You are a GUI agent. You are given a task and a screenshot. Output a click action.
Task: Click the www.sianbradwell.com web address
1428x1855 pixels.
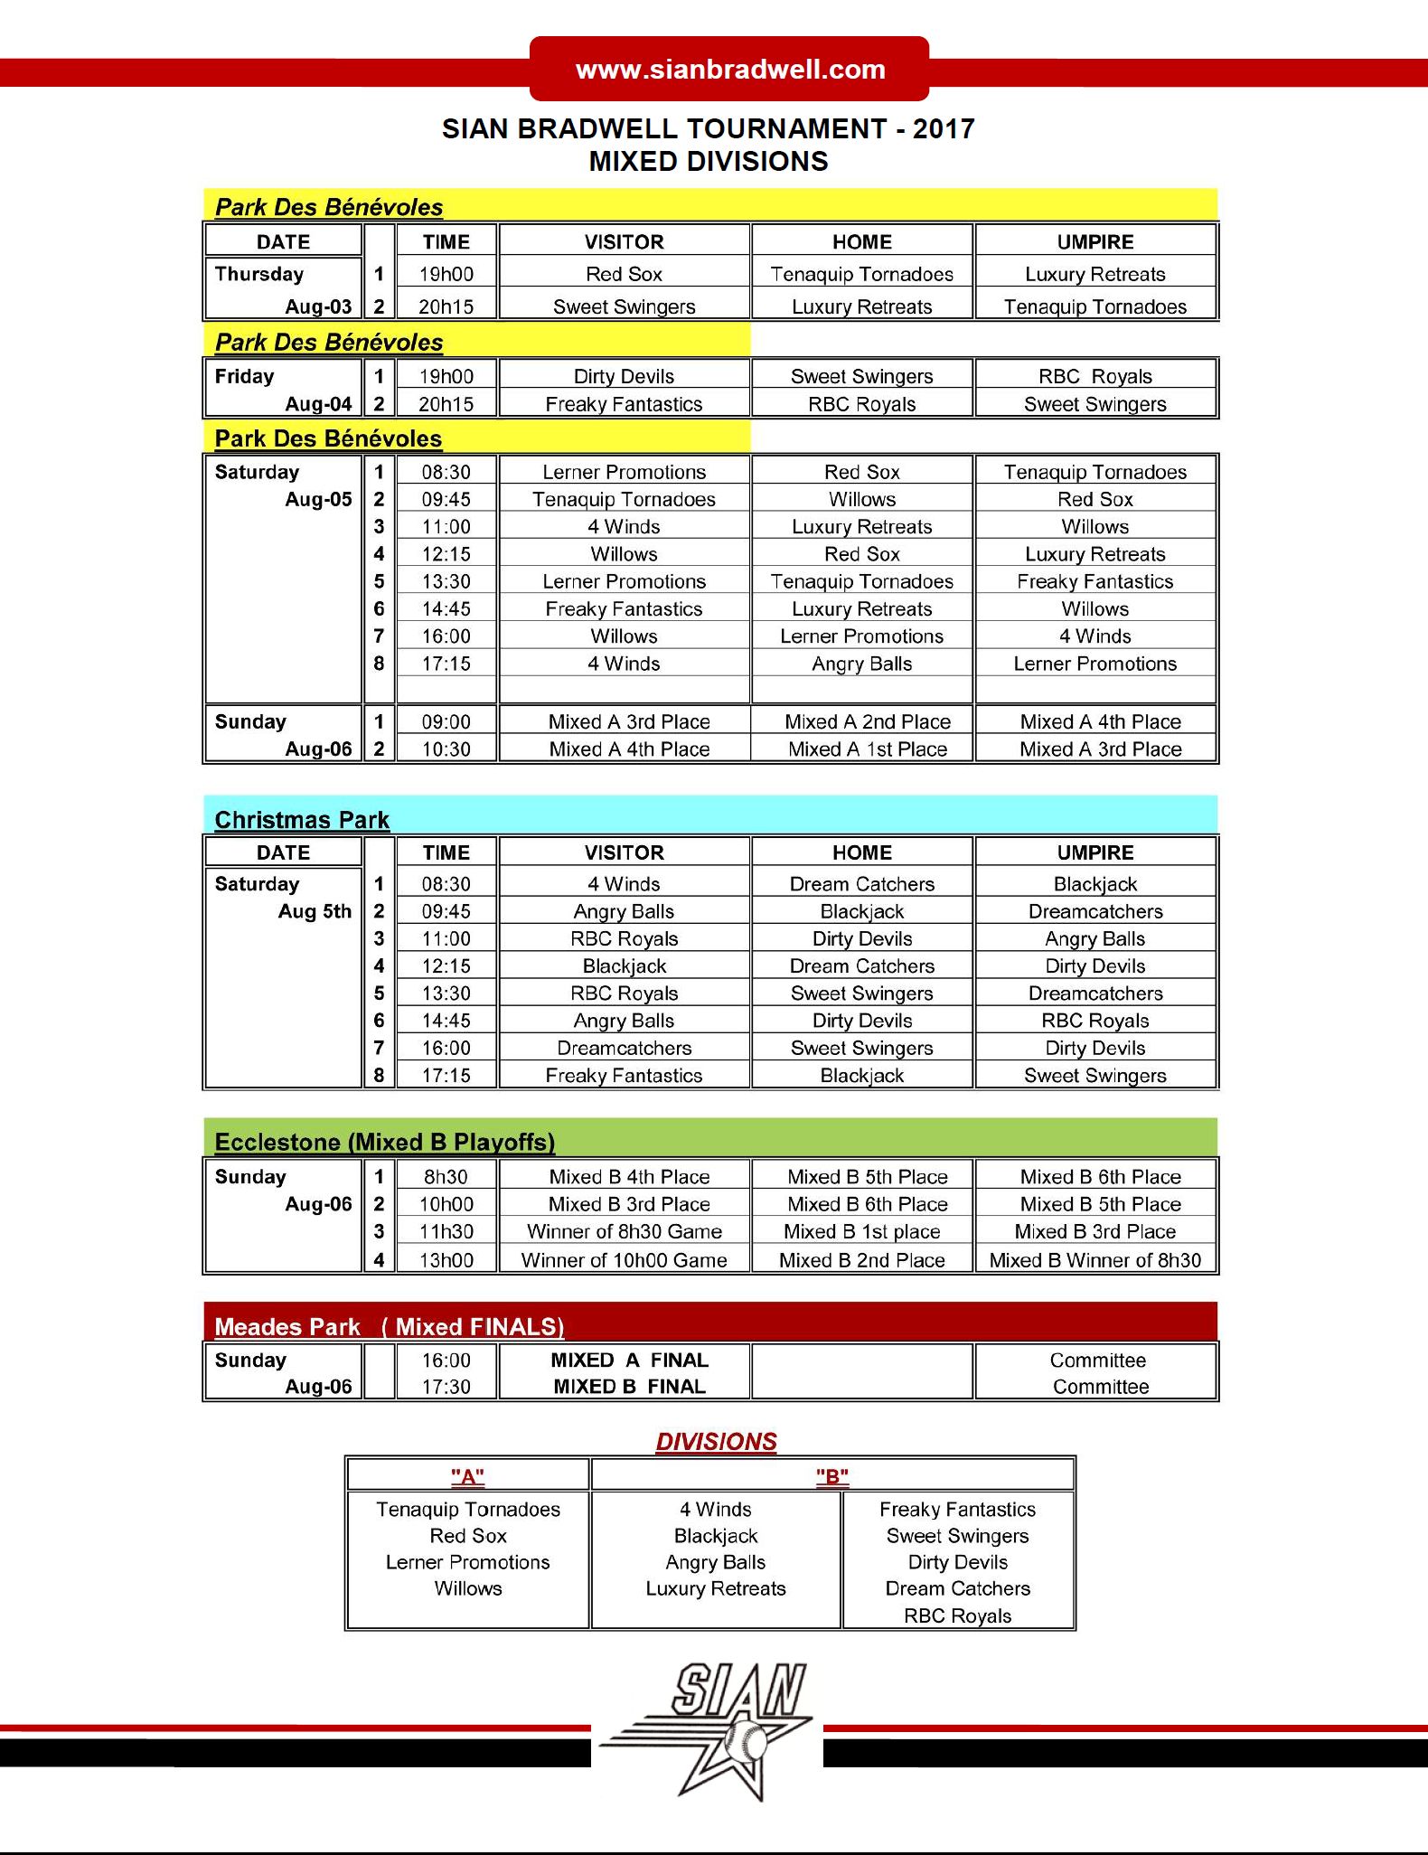(x=729, y=70)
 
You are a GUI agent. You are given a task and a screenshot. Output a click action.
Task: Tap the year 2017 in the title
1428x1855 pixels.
(x=943, y=129)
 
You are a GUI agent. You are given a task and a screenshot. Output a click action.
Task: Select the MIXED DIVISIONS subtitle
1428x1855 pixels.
(x=709, y=162)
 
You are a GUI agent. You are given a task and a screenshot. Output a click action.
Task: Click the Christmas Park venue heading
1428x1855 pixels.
(x=302, y=820)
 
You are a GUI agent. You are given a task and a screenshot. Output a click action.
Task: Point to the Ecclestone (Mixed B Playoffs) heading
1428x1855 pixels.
(x=384, y=1142)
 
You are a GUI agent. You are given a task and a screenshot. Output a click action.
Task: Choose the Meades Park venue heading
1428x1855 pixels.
(x=287, y=1326)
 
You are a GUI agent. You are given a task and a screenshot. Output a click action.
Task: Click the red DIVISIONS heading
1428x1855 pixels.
(x=716, y=1442)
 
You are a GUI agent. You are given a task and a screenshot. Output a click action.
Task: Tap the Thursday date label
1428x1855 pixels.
(x=259, y=274)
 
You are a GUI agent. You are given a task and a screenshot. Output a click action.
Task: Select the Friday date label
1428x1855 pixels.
(x=244, y=376)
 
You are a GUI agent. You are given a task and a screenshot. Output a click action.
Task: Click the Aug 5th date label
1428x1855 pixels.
(x=315, y=911)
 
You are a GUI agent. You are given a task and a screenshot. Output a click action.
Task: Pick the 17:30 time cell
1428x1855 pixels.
(x=446, y=1387)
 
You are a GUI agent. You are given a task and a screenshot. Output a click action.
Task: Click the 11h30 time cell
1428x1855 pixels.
(x=446, y=1231)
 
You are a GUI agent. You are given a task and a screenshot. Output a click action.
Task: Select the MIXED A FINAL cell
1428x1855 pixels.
(x=629, y=1361)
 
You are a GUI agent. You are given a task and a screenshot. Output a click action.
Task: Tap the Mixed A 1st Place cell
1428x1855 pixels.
(x=867, y=749)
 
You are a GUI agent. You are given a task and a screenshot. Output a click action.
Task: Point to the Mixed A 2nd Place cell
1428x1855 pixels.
(x=867, y=721)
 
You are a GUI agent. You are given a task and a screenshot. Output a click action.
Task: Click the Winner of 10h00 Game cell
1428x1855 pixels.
(x=624, y=1260)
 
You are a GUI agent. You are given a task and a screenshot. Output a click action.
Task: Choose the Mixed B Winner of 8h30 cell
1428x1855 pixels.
(x=1094, y=1260)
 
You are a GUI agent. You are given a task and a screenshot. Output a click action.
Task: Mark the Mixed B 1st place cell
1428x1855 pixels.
(x=861, y=1231)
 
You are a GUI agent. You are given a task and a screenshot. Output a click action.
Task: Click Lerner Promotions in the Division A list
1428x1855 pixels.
(x=467, y=1562)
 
